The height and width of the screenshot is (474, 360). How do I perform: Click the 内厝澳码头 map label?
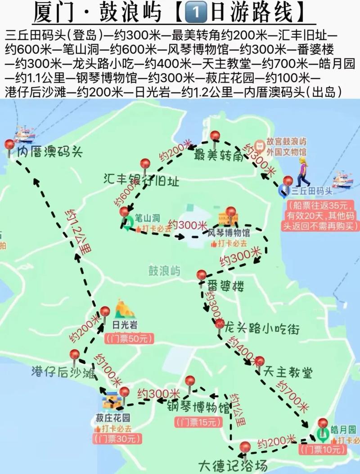(50, 152)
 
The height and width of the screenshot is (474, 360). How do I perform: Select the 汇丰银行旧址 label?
(141, 182)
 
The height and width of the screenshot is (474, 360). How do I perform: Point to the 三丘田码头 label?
(312, 191)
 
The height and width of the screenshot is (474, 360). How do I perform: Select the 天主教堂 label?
(294, 372)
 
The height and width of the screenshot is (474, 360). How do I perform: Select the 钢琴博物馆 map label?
(198, 409)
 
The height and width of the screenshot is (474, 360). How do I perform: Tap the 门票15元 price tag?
(198, 422)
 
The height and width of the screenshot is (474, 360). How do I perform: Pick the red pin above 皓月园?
(323, 423)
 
